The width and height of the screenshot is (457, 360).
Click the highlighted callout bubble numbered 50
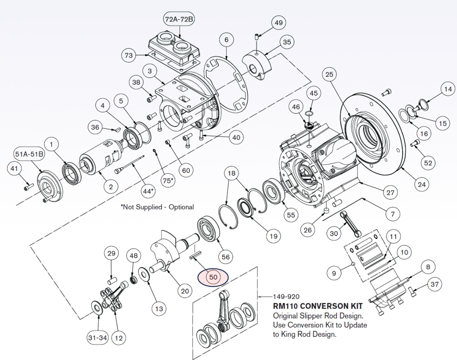pos(213,277)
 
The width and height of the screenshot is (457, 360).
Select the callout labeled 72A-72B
pos(179,19)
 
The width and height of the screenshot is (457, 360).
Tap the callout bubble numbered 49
pos(278,23)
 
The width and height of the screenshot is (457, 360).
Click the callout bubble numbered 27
pos(390,192)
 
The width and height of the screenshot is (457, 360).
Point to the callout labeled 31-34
pos(98,338)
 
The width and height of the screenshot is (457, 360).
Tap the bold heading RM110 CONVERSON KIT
pos(317,306)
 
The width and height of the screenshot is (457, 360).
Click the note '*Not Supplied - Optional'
pos(157,207)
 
